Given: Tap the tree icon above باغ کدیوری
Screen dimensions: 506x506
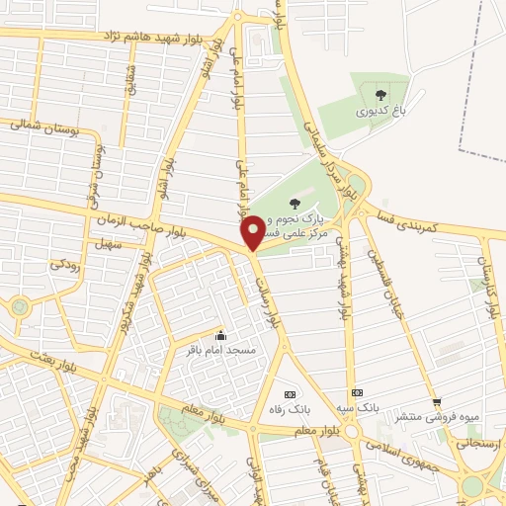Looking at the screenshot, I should pyautogui.click(x=381, y=95).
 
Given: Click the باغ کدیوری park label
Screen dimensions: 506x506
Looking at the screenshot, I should pyautogui.click(x=381, y=112).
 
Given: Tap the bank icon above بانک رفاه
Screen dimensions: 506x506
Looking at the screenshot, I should pyautogui.click(x=290, y=392).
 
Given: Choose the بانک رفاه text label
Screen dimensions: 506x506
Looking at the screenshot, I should pyautogui.click(x=291, y=408).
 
